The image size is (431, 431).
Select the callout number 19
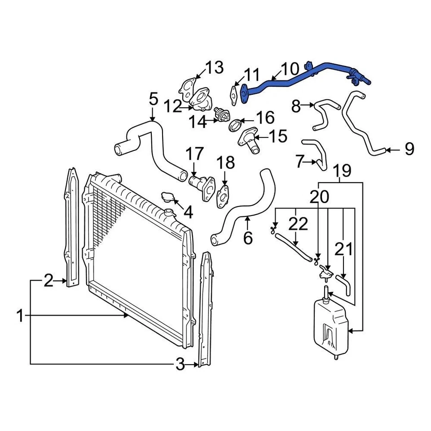(343, 171)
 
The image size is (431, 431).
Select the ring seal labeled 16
(235, 125)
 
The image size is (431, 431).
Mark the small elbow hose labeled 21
(344, 285)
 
